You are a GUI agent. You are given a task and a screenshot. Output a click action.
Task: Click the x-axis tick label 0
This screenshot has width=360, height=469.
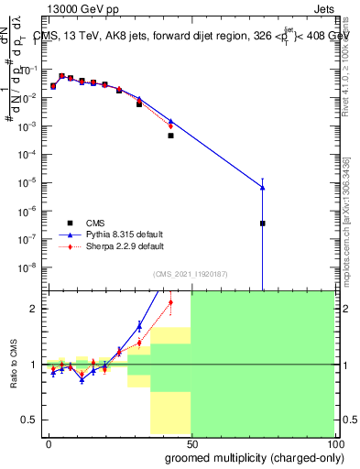[49, 443]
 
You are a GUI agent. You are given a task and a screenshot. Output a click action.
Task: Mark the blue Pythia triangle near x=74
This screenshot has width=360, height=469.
[262, 187]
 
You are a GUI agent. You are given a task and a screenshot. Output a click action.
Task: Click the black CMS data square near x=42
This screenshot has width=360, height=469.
[170, 136]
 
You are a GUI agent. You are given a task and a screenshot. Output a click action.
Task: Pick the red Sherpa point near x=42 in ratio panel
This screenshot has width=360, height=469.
[170, 301]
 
